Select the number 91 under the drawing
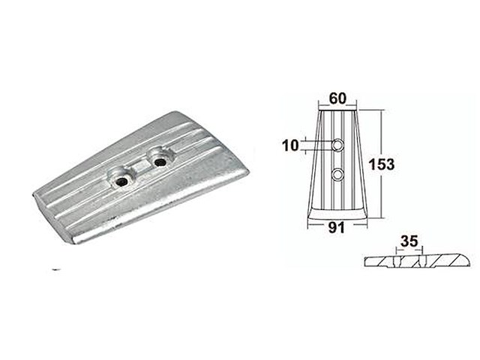[337, 229]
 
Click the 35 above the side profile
[409, 241]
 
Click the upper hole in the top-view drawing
[337, 143]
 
